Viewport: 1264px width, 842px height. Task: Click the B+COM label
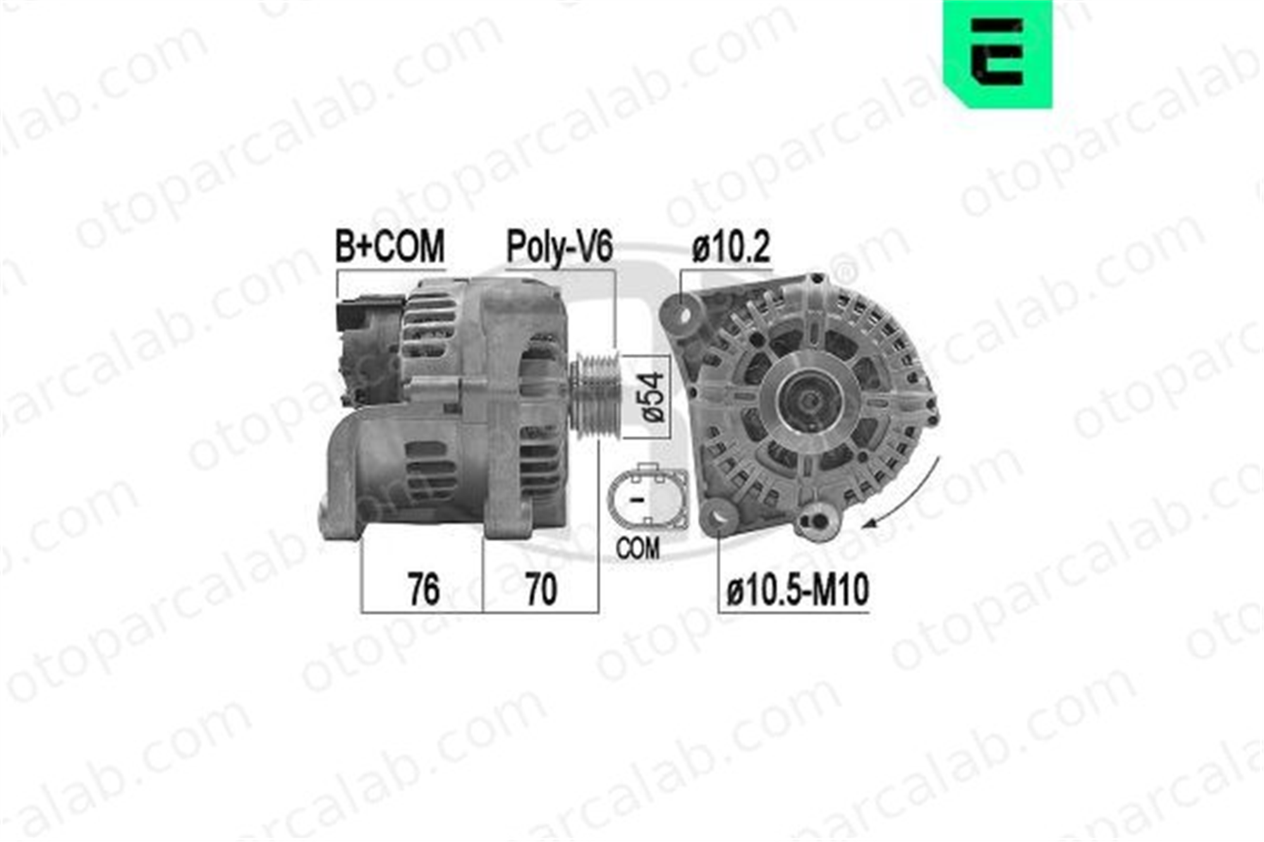390,246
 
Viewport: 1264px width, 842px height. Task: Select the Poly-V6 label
560,247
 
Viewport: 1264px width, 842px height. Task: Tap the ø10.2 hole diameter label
731,247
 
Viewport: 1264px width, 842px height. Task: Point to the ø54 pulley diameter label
653,397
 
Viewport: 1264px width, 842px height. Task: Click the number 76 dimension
423,589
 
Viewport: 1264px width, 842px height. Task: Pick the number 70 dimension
541,589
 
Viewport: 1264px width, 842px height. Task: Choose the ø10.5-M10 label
798,590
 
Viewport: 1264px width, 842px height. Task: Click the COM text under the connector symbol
638,548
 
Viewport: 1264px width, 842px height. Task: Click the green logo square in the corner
998,54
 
